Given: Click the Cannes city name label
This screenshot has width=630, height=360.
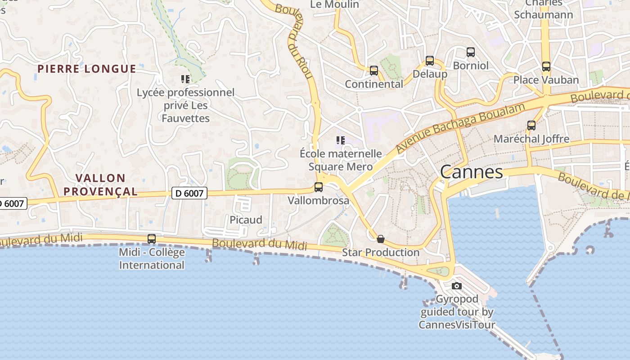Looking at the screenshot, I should pyautogui.click(x=471, y=172).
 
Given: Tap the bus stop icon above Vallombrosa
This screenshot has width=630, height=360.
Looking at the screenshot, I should pyautogui.click(x=319, y=187).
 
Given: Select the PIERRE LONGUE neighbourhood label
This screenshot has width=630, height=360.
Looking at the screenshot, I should pyautogui.click(x=86, y=69).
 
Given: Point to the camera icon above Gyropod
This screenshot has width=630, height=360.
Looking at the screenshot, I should pyautogui.click(x=456, y=286).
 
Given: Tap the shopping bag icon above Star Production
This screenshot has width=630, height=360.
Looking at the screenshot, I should pyautogui.click(x=381, y=238).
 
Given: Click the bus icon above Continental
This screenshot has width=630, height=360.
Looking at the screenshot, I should pyautogui.click(x=373, y=71).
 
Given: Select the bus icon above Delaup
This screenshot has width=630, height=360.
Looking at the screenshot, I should pyautogui.click(x=430, y=61).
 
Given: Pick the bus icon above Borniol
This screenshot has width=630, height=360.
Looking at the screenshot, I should pyautogui.click(x=470, y=52).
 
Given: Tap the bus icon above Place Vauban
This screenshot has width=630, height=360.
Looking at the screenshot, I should pyautogui.click(x=546, y=67).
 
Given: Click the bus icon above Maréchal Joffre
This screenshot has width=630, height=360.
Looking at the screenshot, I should pyautogui.click(x=531, y=126).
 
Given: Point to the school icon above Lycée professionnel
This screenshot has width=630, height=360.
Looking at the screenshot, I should pyautogui.click(x=185, y=79).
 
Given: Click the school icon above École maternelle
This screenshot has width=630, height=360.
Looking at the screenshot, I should pyautogui.click(x=341, y=140).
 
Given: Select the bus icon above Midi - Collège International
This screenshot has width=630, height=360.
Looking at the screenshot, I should pyautogui.click(x=152, y=238).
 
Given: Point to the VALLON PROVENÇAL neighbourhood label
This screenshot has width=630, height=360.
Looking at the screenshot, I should pyautogui.click(x=100, y=184).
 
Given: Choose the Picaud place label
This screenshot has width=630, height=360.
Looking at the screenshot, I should pyautogui.click(x=246, y=220).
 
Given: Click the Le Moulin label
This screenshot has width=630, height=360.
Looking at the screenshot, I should pyautogui.click(x=335, y=4).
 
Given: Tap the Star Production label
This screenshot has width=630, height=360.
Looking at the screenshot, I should pyautogui.click(x=381, y=252).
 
